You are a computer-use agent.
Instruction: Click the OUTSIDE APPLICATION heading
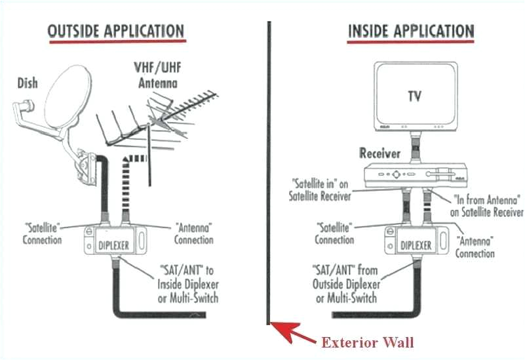coord(116,31)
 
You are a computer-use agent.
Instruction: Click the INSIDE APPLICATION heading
coord(410,31)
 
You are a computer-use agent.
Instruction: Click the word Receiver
coord(379,153)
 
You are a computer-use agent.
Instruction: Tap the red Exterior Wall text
coord(368,342)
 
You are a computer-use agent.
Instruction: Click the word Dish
coord(27,83)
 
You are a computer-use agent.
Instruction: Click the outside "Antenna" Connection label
coord(194,234)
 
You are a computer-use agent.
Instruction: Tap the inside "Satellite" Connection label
coord(335,234)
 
